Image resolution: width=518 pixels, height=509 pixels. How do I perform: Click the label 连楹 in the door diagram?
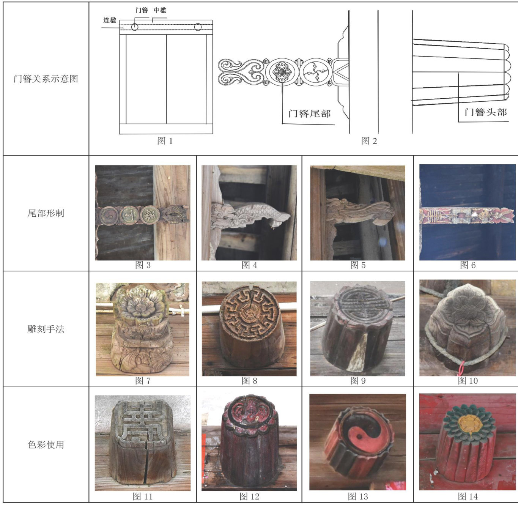[110, 20]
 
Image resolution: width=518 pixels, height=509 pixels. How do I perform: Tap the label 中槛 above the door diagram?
[160, 10]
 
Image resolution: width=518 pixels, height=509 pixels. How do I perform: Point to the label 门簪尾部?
[309, 113]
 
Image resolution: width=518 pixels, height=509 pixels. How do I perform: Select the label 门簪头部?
[486, 112]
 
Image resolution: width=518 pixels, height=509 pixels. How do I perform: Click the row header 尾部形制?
[46, 213]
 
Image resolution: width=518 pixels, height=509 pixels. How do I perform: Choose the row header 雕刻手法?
[46, 329]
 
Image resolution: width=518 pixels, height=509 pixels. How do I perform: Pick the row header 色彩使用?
[46, 444]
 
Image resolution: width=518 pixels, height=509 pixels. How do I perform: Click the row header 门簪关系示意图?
[46, 79]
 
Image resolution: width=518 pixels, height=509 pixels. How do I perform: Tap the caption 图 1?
[165, 140]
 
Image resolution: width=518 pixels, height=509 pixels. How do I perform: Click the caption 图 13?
[358, 496]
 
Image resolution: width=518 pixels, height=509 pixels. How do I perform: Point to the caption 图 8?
[249, 380]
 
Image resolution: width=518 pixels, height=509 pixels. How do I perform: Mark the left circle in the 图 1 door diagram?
[135, 27]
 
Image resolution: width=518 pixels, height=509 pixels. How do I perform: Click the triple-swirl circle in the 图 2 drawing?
[315, 72]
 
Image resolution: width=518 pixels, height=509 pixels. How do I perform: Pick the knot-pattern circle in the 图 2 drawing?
[282, 72]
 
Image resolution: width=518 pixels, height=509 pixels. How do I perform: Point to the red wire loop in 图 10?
[461, 369]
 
